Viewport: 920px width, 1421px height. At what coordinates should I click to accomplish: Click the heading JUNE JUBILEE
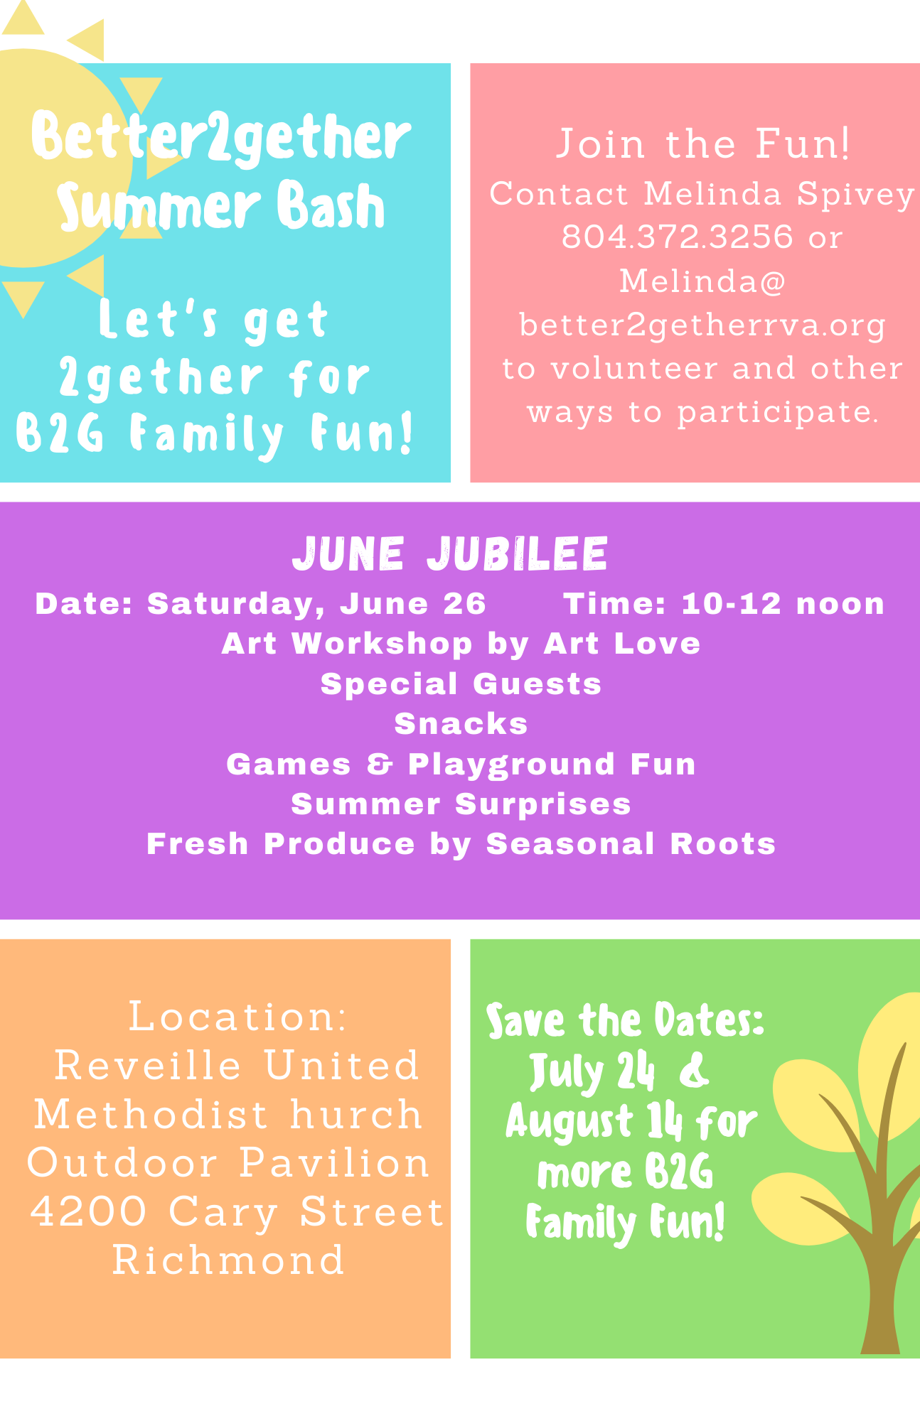[x=450, y=553]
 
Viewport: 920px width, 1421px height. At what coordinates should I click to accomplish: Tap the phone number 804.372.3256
[x=677, y=237]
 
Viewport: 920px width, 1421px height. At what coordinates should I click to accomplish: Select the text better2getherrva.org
[x=702, y=326]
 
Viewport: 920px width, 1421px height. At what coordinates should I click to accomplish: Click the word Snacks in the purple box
[x=461, y=724]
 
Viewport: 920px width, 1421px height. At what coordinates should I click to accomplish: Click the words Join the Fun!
[x=702, y=144]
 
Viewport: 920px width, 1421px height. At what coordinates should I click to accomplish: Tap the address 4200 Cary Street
[x=237, y=1211]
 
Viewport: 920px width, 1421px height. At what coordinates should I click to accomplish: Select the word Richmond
[x=228, y=1260]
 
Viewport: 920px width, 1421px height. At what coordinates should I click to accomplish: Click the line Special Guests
[x=461, y=684]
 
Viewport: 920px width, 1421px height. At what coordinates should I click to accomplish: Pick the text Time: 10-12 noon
[x=724, y=604]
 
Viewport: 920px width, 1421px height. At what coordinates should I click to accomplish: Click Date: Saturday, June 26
[x=260, y=604]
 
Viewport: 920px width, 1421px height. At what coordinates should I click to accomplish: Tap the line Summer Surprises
[x=461, y=804]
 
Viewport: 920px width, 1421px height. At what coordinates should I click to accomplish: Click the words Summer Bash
[x=221, y=206]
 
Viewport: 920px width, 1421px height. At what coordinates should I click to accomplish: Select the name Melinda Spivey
[x=779, y=195]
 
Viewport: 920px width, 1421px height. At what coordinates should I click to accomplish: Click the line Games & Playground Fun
[x=461, y=764]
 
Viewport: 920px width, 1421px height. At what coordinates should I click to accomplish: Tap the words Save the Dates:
[x=625, y=1020]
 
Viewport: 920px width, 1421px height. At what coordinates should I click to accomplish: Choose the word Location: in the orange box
[x=238, y=1017]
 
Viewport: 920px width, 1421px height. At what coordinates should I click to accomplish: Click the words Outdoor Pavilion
[x=228, y=1163]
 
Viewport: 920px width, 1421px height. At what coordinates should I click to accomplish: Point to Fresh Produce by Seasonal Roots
[x=461, y=844]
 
